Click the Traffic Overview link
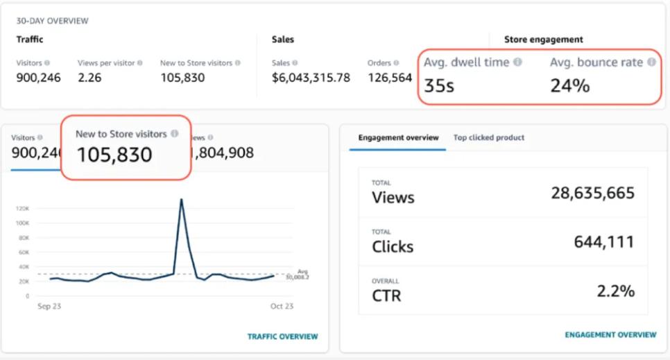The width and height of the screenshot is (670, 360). click(x=282, y=336)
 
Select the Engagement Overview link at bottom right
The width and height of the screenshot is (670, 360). click(x=610, y=334)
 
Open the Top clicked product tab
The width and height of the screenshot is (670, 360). click(x=488, y=137)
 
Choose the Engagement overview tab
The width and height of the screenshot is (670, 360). click(x=398, y=137)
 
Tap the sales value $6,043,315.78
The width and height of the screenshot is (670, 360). click(x=311, y=78)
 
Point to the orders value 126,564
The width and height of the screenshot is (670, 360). click(x=389, y=78)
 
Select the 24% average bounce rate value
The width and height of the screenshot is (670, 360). click(x=569, y=86)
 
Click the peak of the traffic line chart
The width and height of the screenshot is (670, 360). click(x=182, y=200)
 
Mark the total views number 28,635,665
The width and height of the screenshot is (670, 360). click(x=592, y=193)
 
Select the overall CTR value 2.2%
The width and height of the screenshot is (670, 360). click(x=615, y=291)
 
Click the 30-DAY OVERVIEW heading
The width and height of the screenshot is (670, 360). click(x=52, y=21)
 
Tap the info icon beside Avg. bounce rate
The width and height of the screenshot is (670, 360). click(x=651, y=62)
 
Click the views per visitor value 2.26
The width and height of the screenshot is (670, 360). click(x=89, y=78)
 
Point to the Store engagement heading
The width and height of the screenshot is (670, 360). click(x=543, y=40)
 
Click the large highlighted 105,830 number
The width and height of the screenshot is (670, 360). click(x=114, y=155)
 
